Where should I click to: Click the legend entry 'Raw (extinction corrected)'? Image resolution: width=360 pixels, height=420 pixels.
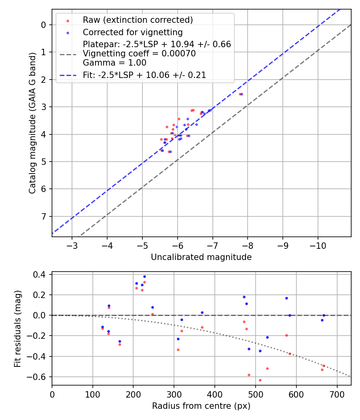[x=138, y=20]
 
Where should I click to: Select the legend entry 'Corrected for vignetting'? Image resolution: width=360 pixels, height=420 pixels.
[x=132, y=32]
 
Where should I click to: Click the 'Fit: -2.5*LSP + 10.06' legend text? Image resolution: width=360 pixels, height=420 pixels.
[x=144, y=75]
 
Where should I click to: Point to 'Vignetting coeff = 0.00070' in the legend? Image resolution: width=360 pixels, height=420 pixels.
[x=139, y=54]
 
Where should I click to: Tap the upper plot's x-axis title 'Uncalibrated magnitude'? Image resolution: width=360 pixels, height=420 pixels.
[x=201, y=257]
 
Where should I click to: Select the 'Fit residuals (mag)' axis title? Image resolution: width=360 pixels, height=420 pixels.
[x=17, y=329]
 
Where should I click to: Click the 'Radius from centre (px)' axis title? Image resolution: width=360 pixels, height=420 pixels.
[x=201, y=406]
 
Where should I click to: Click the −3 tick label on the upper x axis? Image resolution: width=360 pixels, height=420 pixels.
[x=72, y=245]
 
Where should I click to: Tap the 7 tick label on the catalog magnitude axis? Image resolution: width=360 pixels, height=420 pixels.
[x=44, y=216]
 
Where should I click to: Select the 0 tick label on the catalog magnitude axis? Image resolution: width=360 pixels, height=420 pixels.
[x=44, y=25]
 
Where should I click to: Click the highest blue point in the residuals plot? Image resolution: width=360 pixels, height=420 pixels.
[x=144, y=276]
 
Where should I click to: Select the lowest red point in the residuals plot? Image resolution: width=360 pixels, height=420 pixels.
[x=260, y=380]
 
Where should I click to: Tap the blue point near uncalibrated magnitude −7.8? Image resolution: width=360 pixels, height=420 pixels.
[x=242, y=94]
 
